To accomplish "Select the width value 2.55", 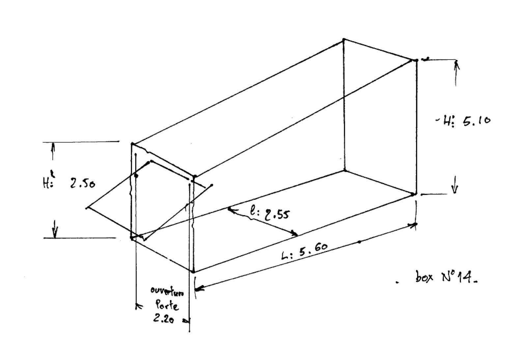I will pos(276,214).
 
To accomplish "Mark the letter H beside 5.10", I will pos(447,121).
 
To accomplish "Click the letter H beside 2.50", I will pos(46,183).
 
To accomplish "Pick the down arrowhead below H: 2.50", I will pos(55,234).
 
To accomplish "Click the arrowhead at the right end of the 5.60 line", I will pos(413,225).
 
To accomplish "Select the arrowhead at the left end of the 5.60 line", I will pos(199,289).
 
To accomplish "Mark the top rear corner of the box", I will pos(344,39).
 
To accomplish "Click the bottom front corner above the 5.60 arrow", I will pos(193,271).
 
